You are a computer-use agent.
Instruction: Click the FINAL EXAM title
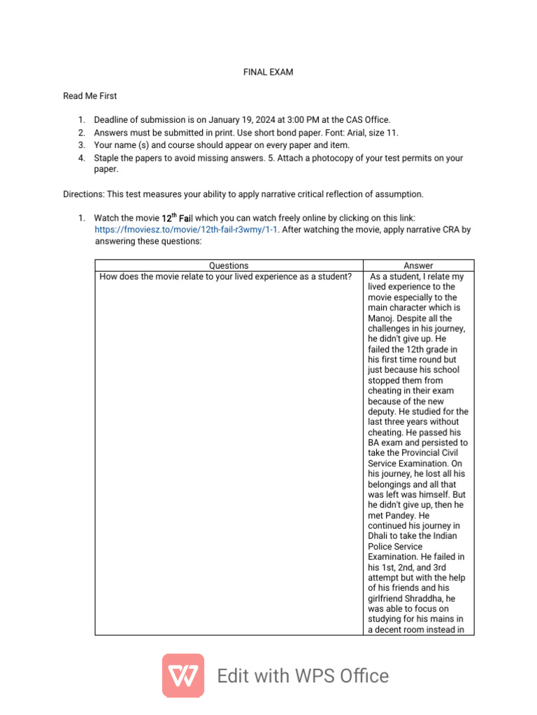(x=268, y=72)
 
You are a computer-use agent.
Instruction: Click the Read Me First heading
(x=90, y=96)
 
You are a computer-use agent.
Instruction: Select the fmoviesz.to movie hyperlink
(x=186, y=229)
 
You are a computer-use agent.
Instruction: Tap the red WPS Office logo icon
(x=183, y=675)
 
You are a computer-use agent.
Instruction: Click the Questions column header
(x=229, y=265)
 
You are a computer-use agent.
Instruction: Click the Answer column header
(x=418, y=265)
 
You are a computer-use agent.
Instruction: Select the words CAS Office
(x=367, y=120)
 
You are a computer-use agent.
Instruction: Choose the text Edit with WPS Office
(x=303, y=676)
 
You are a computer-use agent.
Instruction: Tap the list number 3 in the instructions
(x=80, y=145)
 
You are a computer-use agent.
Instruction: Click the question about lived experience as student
(x=225, y=277)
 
